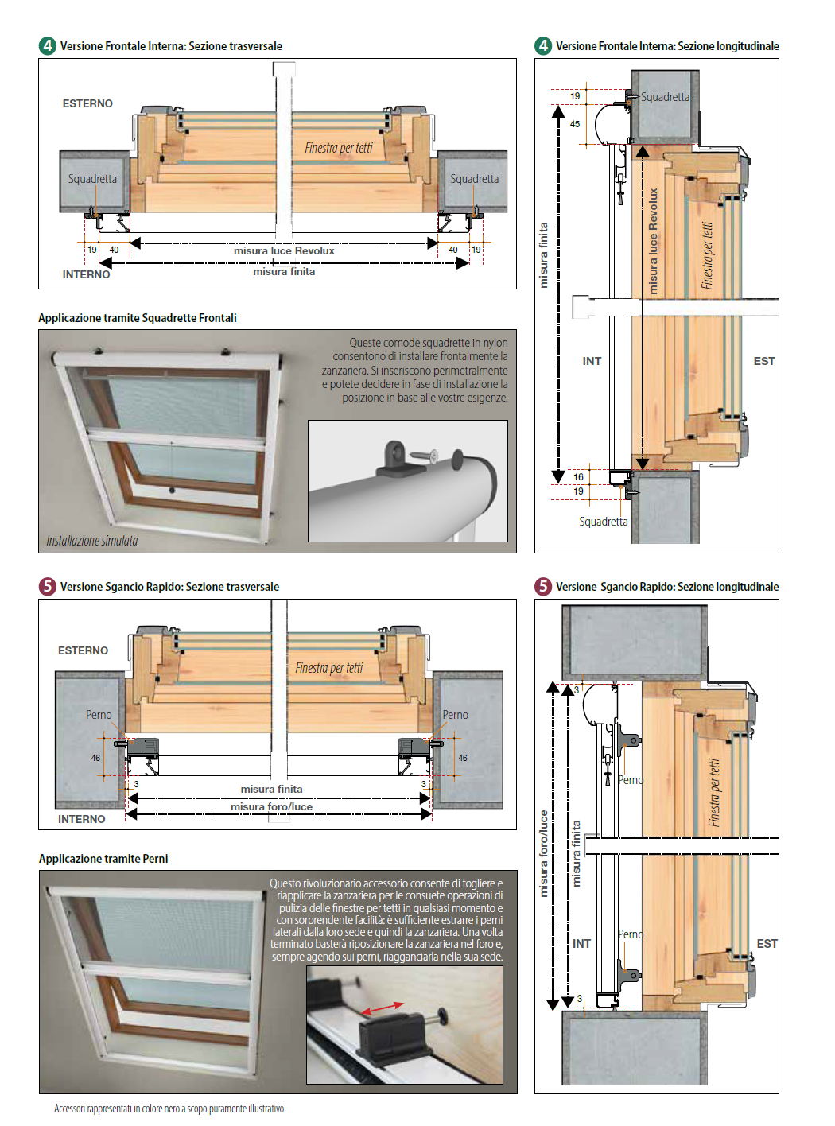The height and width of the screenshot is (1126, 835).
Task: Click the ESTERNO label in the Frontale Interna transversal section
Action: click(x=87, y=103)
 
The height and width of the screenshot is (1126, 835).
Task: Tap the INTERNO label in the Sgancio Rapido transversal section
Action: click(x=81, y=819)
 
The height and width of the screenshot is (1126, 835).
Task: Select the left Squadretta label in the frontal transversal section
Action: click(x=92, y=179)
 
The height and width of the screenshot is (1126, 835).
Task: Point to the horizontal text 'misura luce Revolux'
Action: click(x=284, y=250)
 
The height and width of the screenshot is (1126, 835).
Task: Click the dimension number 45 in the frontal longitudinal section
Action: click(x=575, y=124)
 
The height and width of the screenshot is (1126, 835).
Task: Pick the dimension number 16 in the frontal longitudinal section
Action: click(x=578, y=477)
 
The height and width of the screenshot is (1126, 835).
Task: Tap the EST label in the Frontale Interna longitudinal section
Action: click(x=763, y=361)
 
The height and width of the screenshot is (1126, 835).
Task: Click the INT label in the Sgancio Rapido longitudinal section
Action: click(x=581, y=944)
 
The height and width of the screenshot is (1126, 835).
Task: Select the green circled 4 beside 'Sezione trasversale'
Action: click(x=48, y=45)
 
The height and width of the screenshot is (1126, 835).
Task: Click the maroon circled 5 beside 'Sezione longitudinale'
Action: click(x=543, y=586)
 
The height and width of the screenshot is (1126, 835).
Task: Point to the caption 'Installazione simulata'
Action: click(x=91, y=541)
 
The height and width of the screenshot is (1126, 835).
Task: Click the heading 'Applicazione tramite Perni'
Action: click(x=103, y=859)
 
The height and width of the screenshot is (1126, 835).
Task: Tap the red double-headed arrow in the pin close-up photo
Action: click(x=383, y=1008)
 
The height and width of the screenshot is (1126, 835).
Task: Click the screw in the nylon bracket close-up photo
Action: click(x=424, y=456)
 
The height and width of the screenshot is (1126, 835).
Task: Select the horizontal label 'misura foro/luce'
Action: click(x=271, y=806)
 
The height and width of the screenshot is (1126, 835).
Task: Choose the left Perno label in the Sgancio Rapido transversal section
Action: click(x=99, y=715)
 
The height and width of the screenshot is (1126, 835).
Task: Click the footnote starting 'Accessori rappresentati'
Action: click(x=169, y=1109)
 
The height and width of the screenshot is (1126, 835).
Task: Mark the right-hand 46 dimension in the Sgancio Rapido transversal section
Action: click(x=463, y=758)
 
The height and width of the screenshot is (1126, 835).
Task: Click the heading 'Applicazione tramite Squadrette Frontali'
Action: click(x=138, y=318)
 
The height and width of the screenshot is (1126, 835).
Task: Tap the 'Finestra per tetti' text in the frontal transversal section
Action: click(x=339, y=148)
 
